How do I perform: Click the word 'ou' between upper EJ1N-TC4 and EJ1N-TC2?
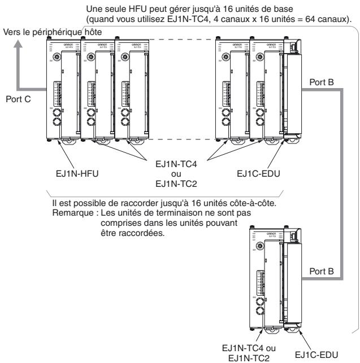click(x=177, y=173)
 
